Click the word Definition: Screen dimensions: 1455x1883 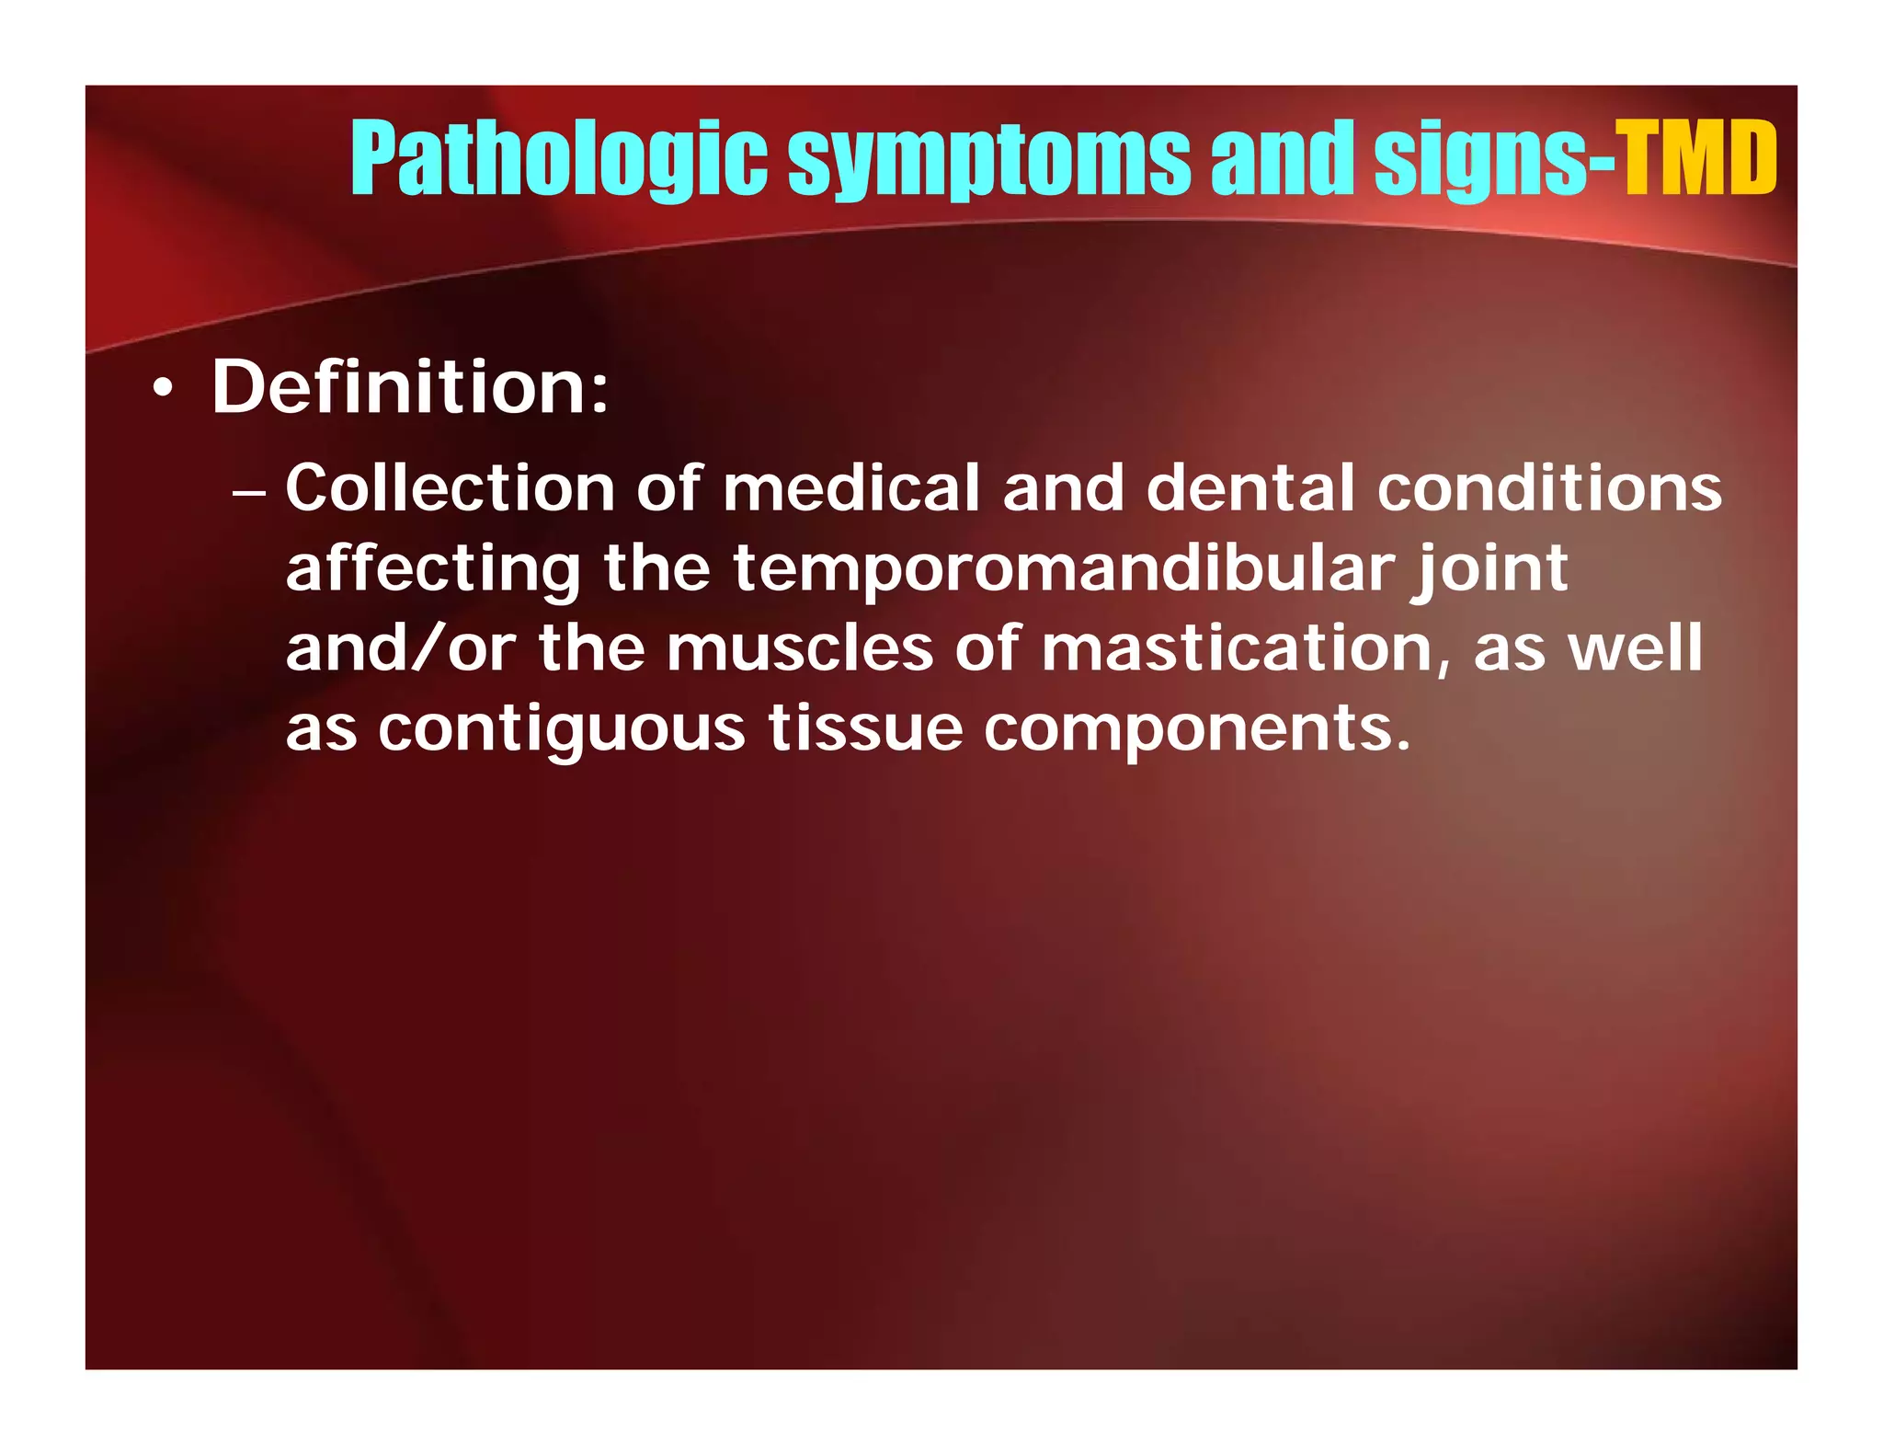[410, 387]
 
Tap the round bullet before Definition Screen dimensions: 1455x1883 [163, 390]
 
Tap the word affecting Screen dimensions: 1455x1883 [433, 569]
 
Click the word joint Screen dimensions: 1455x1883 [1489, 569]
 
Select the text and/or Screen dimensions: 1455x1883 [401, 648]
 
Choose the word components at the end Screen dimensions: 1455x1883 [1195, 729]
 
